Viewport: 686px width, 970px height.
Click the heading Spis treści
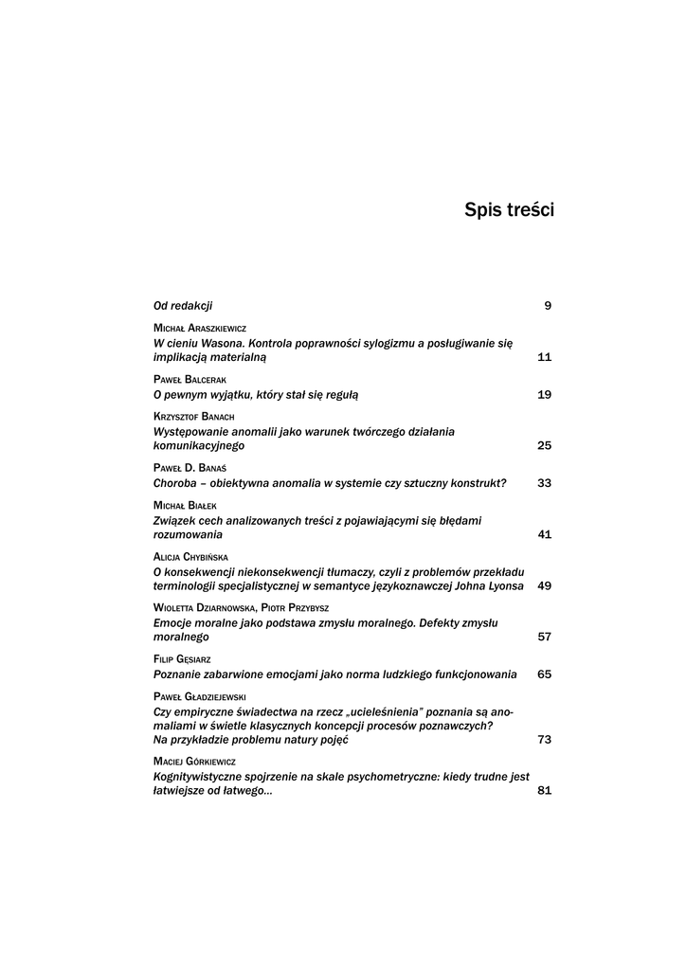509,209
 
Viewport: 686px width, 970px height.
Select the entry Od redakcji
183,305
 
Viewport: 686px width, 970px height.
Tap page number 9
548,305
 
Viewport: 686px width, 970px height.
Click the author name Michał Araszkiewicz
199,327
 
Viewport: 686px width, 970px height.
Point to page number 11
544,357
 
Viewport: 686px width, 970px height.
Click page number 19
544,394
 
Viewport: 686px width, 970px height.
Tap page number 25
544,445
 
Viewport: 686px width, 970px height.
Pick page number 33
544,483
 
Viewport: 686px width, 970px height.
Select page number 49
544,585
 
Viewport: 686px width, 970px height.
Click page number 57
544,637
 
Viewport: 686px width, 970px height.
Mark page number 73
544,739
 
